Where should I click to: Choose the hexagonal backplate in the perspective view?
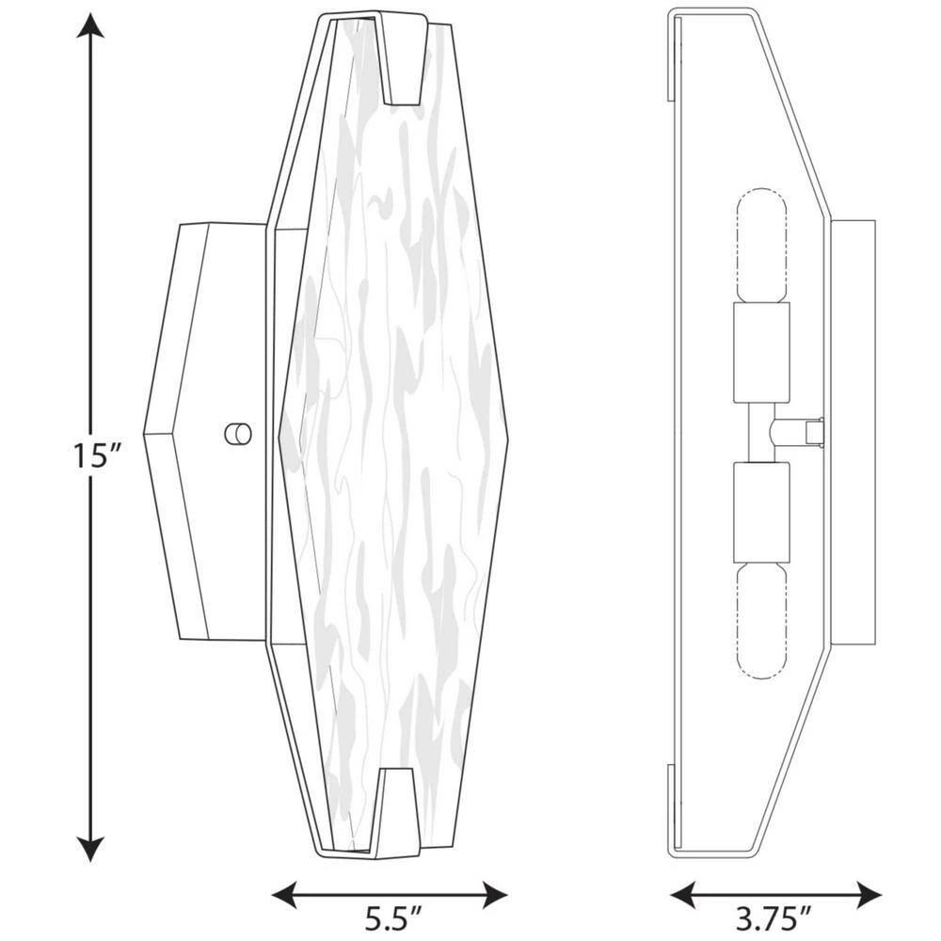click(202, 433)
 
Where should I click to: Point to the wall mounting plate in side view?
click(853, 433)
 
